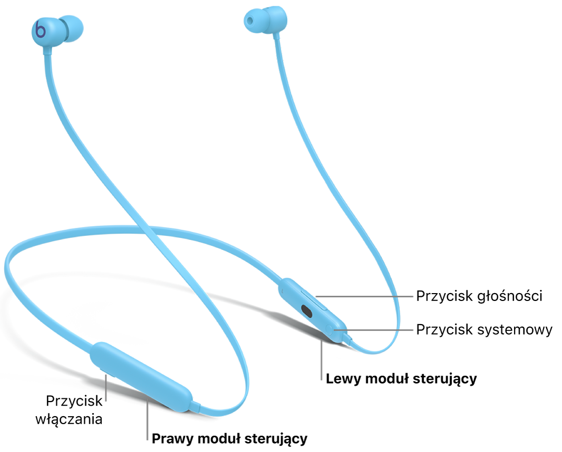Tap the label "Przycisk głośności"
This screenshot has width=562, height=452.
(479, 296)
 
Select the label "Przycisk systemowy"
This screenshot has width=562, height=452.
(484, 330)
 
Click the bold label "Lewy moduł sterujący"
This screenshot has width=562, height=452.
(401, 379)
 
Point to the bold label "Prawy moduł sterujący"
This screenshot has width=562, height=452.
(229, 438)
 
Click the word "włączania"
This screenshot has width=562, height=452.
(69, 419)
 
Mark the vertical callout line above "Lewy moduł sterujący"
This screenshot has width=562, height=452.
(322, 356)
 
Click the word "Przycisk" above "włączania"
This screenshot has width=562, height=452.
(74, 401)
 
